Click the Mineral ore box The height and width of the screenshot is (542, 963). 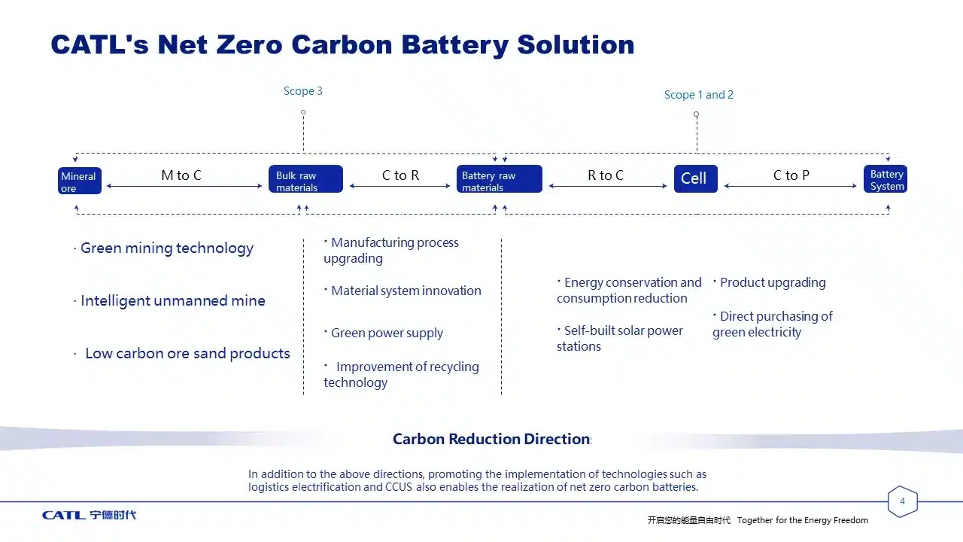coord(80,181)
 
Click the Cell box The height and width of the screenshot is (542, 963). coord(695,178)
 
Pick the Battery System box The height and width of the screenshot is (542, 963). coord(886,179)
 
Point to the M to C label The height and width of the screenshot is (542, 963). coord(181,175)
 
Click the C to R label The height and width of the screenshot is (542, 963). coord(400,175)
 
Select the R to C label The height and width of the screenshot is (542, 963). coord(606,175)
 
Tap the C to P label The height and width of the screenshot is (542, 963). coord(791,175)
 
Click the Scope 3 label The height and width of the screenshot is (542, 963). coord(302,91)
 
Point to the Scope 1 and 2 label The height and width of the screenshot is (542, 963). coord(698,95)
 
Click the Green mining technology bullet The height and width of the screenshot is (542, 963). coord(166,248)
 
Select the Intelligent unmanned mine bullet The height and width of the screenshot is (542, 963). coord(172,301)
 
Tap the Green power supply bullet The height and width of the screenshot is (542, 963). coord(386,333)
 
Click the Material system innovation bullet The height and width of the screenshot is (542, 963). coord(405,291)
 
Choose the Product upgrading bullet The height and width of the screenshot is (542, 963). coord(772,283)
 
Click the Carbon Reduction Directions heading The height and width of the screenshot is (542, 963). coord(492,439)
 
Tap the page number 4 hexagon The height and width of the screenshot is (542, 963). coord(902,502)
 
